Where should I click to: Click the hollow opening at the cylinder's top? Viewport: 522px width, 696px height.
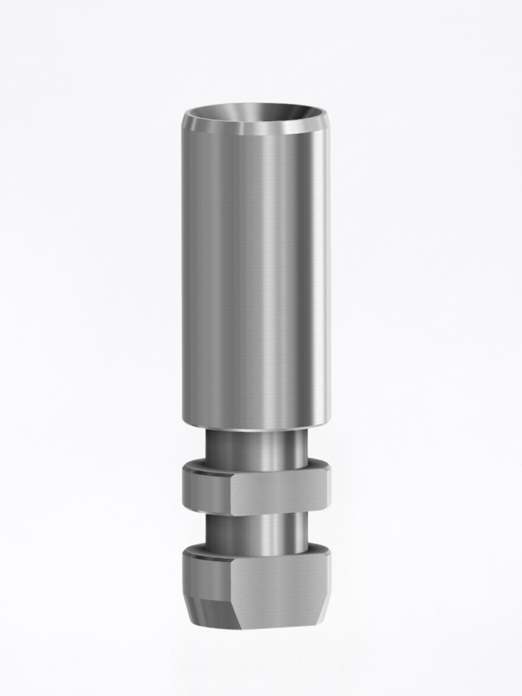tap(256, 113)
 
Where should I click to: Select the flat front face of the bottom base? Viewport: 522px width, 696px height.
tap(279, 585)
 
